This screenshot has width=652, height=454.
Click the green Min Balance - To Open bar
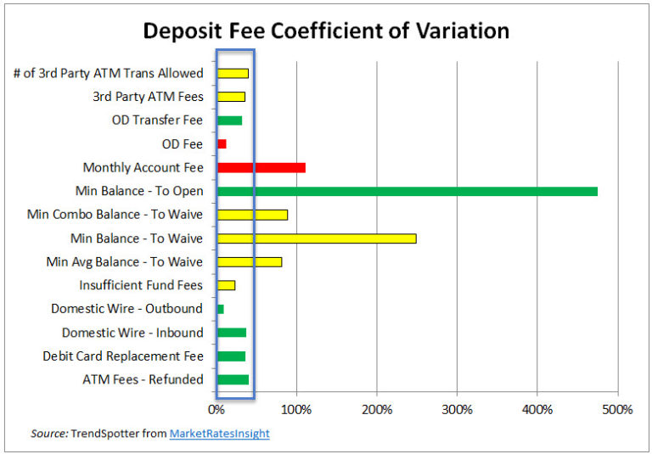click(407, 191)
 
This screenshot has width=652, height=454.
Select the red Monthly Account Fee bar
click(261, 167)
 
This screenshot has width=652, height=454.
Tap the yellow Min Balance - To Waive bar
click(317, 238)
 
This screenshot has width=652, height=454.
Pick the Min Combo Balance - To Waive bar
click(252, 215)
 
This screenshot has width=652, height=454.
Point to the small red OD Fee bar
click(222, 144)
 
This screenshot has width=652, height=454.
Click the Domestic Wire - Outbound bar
click(221, 309)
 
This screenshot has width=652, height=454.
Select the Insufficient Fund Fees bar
click(226, 285)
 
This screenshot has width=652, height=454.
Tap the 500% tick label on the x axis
click(617, 410)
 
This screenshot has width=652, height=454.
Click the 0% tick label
click(217, 410)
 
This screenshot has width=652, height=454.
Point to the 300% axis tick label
click(457, 410)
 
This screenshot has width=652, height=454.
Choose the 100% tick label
click(296, 410)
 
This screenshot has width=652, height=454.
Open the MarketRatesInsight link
click(219, 434)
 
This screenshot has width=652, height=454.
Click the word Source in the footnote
click(49, 434)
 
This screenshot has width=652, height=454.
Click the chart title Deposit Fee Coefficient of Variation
click(326, 31)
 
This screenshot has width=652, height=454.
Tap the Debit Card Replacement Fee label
click(123, 356)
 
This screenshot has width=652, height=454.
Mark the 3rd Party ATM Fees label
click(148, 97)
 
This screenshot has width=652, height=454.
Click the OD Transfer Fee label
click(157, 121)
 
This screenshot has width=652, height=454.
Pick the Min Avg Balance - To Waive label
click(125, 261)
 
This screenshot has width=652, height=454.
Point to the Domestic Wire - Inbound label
click(132, 333)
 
